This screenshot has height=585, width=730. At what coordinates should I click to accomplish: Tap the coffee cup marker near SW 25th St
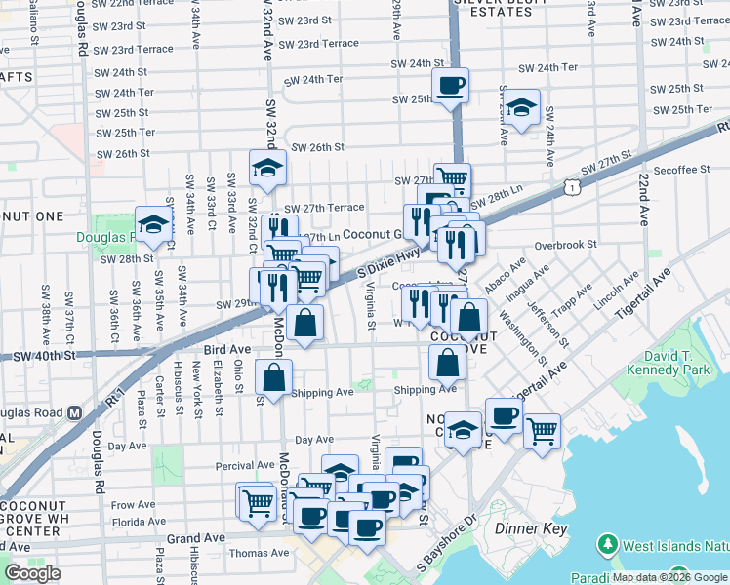pos(450,86)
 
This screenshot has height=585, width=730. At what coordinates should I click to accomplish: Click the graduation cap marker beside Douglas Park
pos(153,225)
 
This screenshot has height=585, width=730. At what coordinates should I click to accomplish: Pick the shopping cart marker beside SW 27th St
pos(452,179)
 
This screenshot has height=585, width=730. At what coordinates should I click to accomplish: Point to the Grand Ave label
pos(196,537)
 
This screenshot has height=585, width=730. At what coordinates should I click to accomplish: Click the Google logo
pos(32,573)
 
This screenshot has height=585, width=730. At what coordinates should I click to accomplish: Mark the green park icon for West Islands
pos(607,542)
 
